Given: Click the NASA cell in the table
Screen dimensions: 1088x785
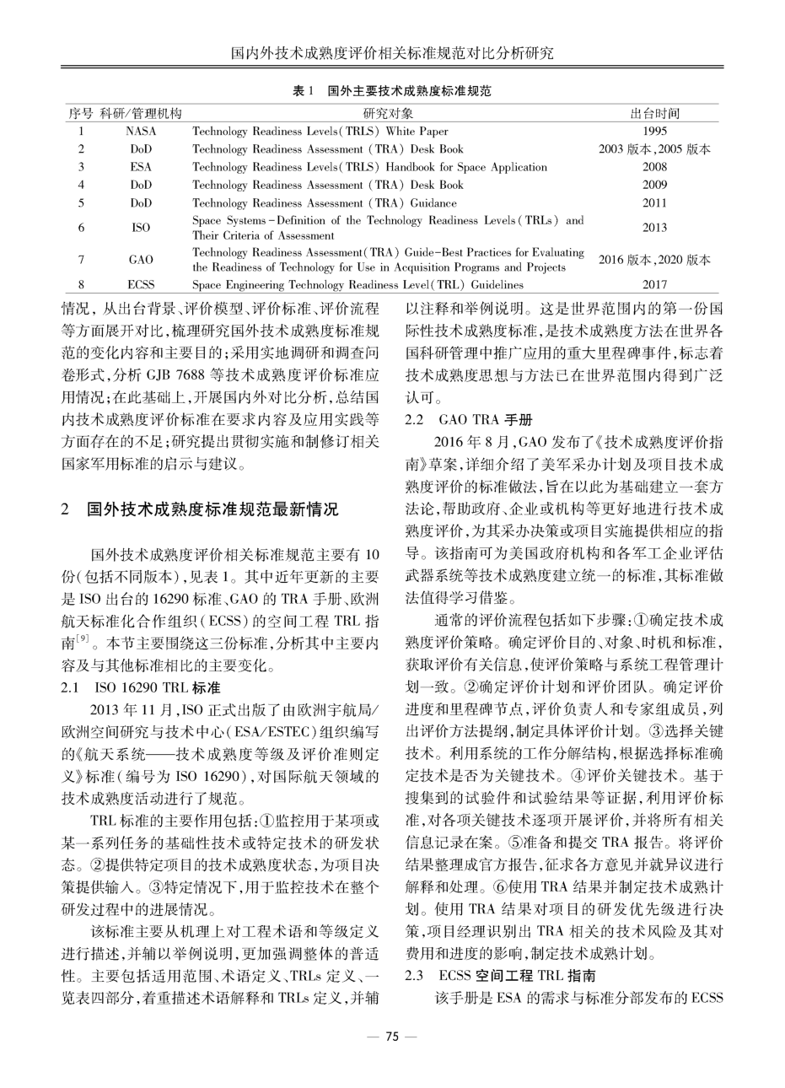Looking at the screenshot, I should tap(141, 132).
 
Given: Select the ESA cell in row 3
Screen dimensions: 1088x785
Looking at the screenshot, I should tap(141, 167).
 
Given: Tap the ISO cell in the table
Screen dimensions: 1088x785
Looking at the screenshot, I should tap(141, 228).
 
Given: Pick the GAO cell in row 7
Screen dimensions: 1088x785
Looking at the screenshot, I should tap(141, 260).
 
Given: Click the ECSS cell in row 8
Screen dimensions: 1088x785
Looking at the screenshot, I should tap(141, 285).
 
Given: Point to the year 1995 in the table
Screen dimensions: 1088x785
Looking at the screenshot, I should tap(654, 132).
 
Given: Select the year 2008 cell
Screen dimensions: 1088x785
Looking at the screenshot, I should tap(654, 167).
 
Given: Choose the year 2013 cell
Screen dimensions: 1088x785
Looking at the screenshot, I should tap(654, 228).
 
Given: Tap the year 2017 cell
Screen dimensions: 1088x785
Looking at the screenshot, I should tap(654, 285).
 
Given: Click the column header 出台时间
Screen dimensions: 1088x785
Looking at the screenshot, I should tap(654, 113).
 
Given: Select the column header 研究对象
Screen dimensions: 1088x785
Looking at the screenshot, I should tap(388, 113).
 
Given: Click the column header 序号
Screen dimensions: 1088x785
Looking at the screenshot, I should tap(80, 113).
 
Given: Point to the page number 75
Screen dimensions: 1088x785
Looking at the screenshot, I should tap(391, 1037).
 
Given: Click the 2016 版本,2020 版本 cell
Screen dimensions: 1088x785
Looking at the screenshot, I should tap(654, 260).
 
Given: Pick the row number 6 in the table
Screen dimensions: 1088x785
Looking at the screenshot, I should tap(80, 228).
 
